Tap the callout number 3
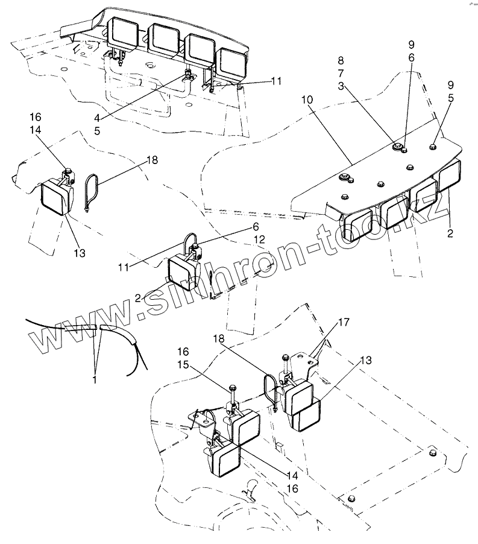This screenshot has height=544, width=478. tap(341, 87)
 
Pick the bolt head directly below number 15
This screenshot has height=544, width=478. tap(232, 385)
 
